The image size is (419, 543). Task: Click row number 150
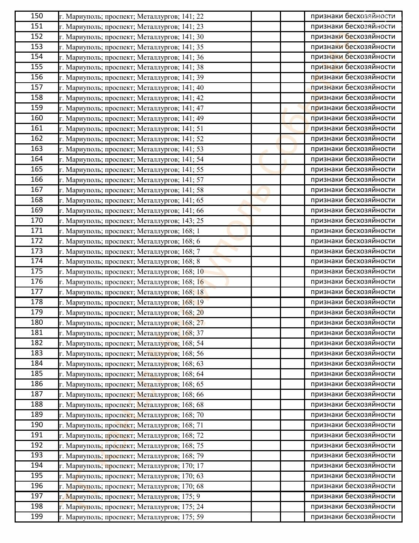click(x=36, y=16)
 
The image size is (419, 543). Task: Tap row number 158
click(x=36, y=98)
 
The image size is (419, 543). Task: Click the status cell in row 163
click(x=353, y=149)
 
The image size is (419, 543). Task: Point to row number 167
click(x=36, y=190)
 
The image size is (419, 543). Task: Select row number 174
click(x=36, y=261)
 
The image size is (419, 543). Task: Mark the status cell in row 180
click(x=353, y=323)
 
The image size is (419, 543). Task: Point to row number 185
click(x=36, y=374)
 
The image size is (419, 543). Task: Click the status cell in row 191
click(x=353, y=435)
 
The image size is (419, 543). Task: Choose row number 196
click(x=36, y=486)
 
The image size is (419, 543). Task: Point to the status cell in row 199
click(x=353, y=517)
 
